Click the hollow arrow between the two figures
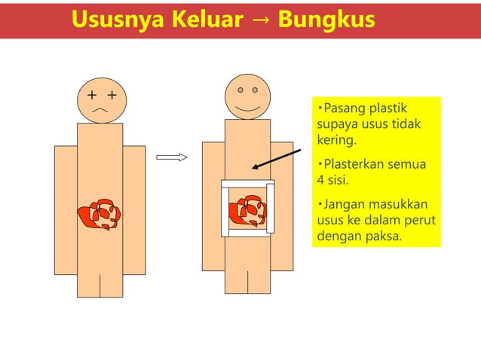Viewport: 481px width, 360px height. tap(171, 157)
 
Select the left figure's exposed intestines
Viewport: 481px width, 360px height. tap(100, 215)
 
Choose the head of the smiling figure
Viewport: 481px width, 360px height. tap(247, 96)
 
